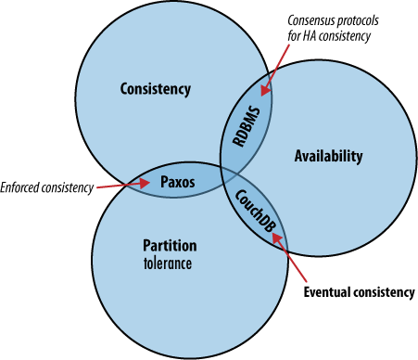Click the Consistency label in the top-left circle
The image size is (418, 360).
(x=156, y=89)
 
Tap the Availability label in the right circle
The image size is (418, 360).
(x=327, y=156)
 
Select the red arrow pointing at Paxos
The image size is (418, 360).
(x=125, y=186)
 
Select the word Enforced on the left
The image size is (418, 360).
(x=23, y=188)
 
